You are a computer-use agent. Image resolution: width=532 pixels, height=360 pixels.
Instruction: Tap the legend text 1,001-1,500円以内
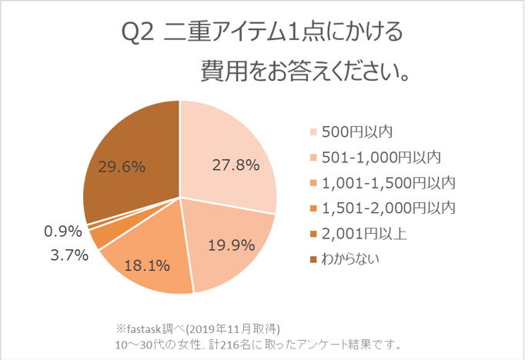click(388, 182)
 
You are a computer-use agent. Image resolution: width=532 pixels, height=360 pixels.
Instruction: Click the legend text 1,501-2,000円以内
click(388, 208)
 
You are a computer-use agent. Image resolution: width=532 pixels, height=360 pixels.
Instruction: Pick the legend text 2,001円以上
click(365, 233)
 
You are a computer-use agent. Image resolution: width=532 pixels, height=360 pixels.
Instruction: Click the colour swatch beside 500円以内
click(313, 132)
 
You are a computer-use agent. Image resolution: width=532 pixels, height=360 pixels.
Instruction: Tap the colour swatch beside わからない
click(313, 259)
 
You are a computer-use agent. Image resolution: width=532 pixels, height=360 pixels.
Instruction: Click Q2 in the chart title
click(139, 35)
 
